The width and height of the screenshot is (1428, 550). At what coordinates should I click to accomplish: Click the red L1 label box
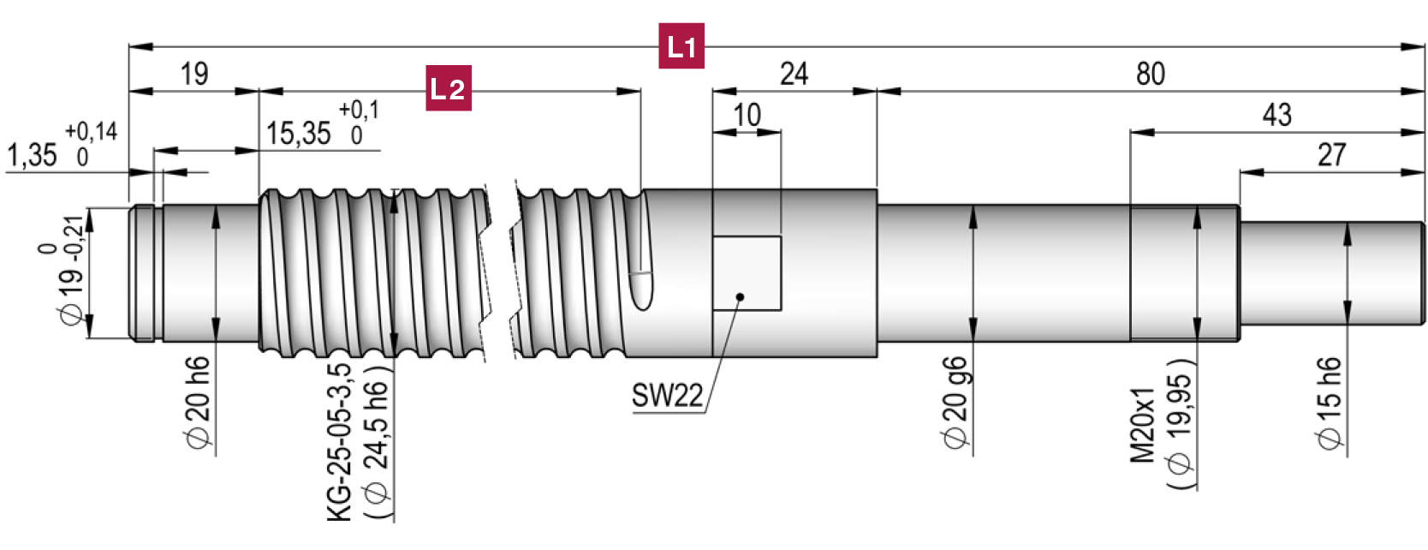tap(681, 46)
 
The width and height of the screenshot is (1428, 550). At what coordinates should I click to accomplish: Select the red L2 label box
tap(448, 87)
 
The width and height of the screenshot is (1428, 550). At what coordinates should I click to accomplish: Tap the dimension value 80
tap(1150, 75)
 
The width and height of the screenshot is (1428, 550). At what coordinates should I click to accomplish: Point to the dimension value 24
tap(794, 75)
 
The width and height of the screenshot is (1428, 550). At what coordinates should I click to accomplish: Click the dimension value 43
tap(1276, 116)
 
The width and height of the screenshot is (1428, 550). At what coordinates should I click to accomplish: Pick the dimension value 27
tap(1331, 155)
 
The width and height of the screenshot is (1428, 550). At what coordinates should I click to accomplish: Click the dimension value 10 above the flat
tap(747, 116)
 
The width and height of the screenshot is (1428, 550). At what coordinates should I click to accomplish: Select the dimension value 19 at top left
tap(194, 75)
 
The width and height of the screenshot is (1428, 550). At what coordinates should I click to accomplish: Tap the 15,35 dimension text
tap(298, 135)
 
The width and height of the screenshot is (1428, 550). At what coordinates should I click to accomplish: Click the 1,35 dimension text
tap(33, 156)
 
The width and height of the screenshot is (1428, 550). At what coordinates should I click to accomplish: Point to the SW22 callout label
tap(667, 396)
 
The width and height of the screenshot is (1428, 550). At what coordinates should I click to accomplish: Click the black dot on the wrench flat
tap(741, 297)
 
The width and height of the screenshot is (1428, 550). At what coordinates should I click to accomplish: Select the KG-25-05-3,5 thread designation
tap(340, 442)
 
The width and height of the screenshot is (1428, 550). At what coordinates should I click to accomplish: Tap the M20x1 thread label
tap(1144, 425)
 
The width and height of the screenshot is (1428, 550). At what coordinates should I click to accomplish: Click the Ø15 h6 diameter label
tap(1330, 403)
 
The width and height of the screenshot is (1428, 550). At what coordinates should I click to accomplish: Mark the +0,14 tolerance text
tap(91, 132)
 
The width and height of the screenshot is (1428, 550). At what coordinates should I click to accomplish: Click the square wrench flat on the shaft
tap(747, 272)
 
